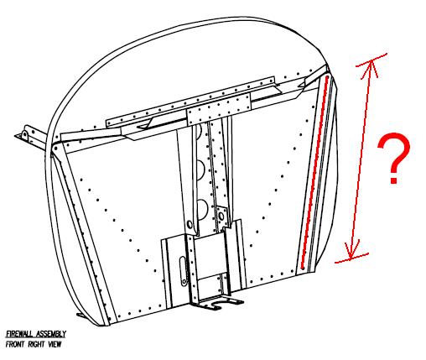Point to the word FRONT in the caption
coord(15,344)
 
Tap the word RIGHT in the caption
coord(37,344)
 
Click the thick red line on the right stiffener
coord(314,172)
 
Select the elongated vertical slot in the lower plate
coord(183,271)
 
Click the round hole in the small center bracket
coord(221,217)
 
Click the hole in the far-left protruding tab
coord(25,135)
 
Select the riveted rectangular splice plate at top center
coord(219,110)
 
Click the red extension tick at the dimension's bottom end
coord(351,258)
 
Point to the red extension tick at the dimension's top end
coord(371,60)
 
